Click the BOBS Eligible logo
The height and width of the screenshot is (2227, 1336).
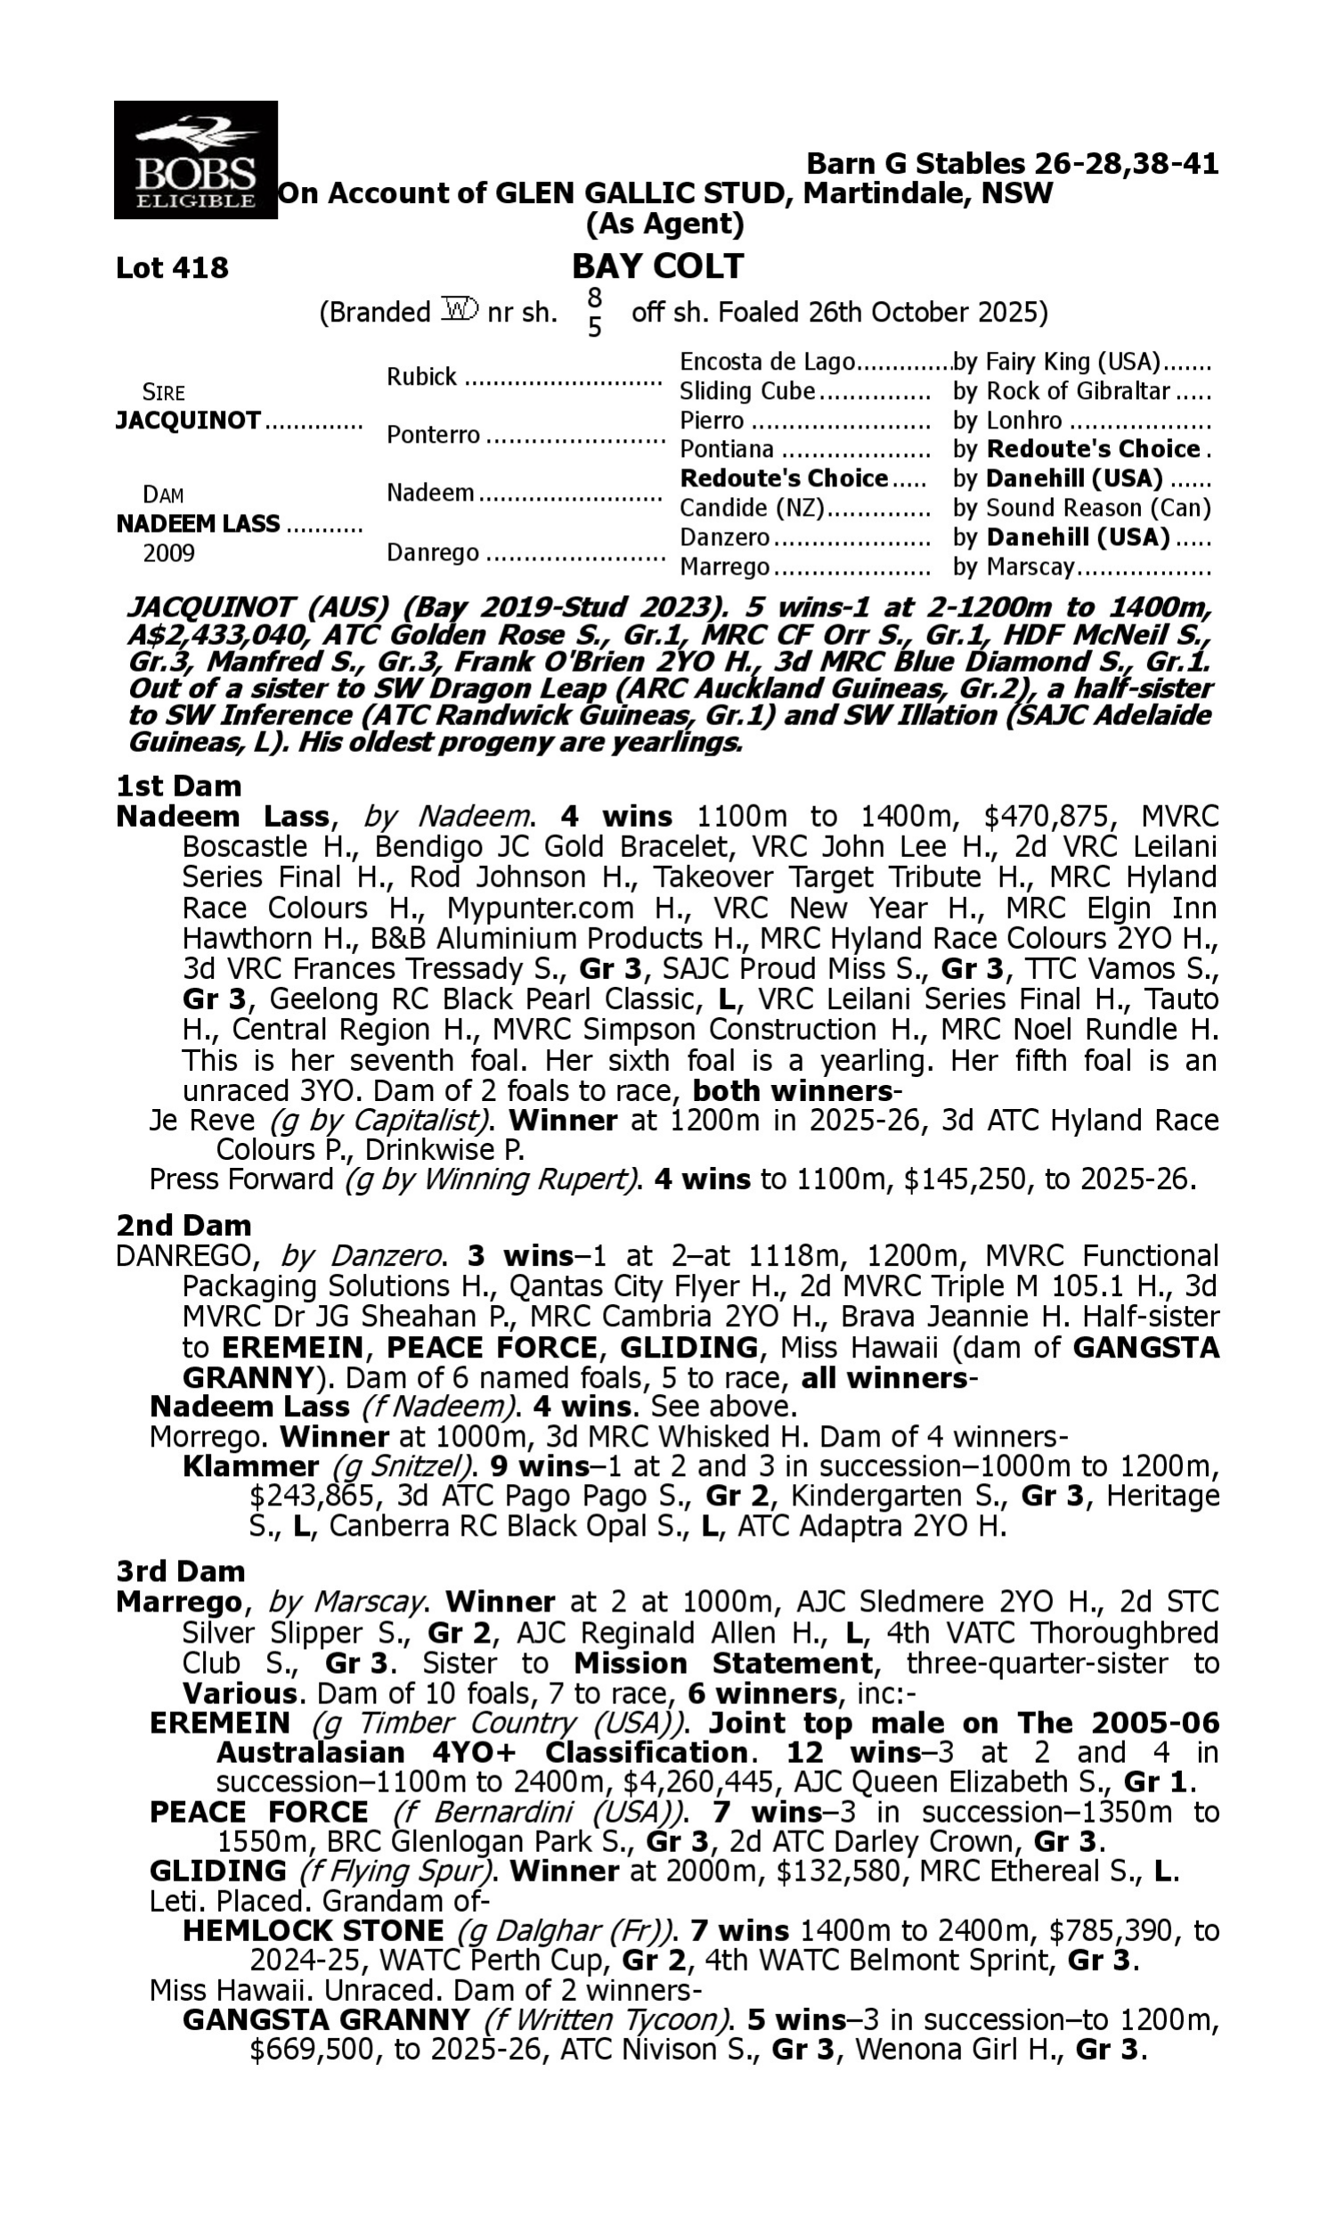[x=195, y=160]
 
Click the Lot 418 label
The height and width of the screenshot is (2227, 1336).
[x=172, y=268]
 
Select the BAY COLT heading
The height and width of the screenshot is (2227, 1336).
[x=658, y=266]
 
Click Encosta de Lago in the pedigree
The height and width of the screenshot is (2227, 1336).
[x=766, y=362]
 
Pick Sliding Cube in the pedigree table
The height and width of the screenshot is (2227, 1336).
[x=746, y=392]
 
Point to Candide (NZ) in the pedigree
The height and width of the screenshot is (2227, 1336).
[x=752, y=509]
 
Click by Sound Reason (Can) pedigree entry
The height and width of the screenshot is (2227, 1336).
[x=1081, y=509]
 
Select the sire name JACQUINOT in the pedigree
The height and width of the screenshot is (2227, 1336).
[x=188, y=420]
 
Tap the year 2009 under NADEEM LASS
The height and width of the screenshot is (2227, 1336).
[x=169, y=552]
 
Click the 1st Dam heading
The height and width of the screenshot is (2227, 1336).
[x=179, y=787]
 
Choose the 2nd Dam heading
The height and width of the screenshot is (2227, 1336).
[x=183, y=1225]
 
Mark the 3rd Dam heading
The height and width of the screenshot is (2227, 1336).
[x=181, y=1571]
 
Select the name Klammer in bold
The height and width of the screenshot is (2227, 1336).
[x=250, y=1466]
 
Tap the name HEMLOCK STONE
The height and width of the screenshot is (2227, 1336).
[x=313, y=1931]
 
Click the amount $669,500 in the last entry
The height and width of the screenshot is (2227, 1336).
[x=306, y=2052]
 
